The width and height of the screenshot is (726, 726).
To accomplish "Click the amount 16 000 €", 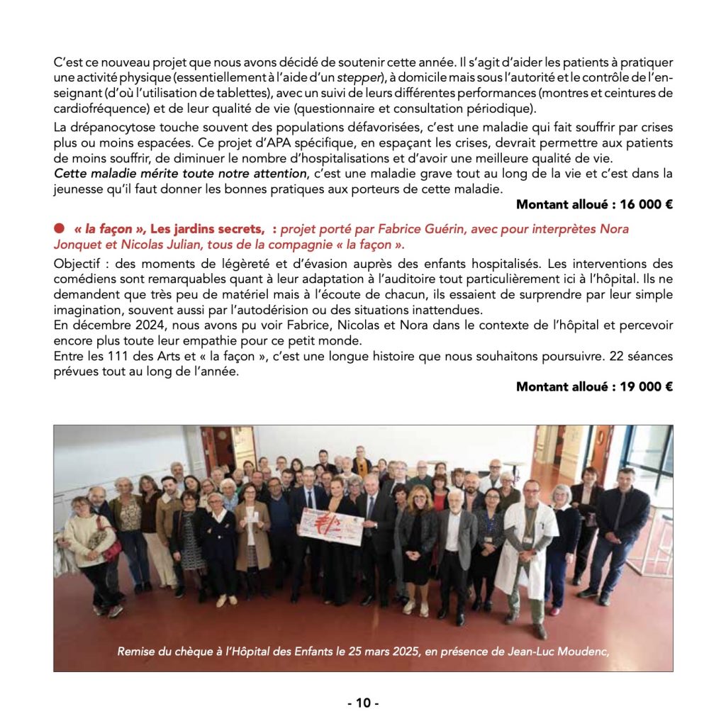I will click(646, 205).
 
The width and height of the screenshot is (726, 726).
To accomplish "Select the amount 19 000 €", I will click(646, 386).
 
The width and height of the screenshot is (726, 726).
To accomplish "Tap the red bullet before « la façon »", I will click(59, 228).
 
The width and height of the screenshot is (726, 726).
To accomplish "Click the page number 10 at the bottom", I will click(363, 703).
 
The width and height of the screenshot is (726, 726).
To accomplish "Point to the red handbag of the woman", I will click(112, 547).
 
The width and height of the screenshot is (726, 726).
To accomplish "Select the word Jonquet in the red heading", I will click(76, 245).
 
